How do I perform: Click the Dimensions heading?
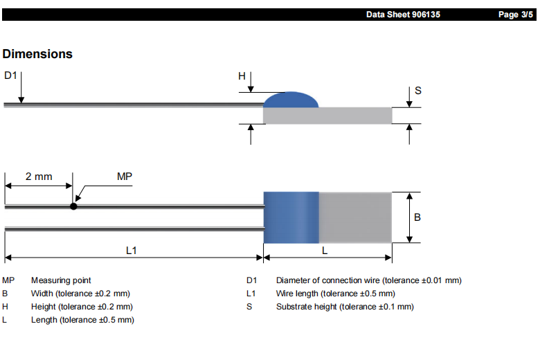pyautogui.click(x=37, y=54)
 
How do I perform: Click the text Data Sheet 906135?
pyautogui.click(x=403, y=15)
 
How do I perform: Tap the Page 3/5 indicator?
pyautogui.click(x=516, y=15)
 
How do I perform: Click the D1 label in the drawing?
pyautogui.click(x=10, y=75)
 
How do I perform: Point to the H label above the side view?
pyautogui.click(x=242, y=76)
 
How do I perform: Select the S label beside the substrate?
pyautogui.click(x=417, y=91)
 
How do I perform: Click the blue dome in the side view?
pyautogui.click(x=291, y=100)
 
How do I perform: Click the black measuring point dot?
pyautogui.click(x=73, y=206)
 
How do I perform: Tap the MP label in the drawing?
pyautogui.click(x=125, y=177)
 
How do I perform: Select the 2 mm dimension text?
pyautogui.click(x=39, y=177)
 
